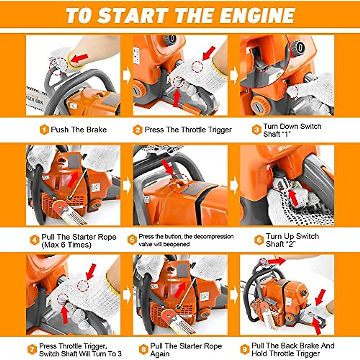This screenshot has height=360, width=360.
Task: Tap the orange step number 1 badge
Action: point(44,130)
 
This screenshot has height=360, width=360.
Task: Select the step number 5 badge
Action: point(132,240)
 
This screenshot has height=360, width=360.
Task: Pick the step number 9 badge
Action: point(245,349)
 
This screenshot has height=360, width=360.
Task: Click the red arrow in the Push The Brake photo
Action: point(79,58)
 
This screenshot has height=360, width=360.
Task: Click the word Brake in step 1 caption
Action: point(97,130)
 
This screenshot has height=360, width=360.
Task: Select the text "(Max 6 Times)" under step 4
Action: point(66,245)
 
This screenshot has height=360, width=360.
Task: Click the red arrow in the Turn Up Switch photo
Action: point(293,198)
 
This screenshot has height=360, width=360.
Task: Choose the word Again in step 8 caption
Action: point(160,354)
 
